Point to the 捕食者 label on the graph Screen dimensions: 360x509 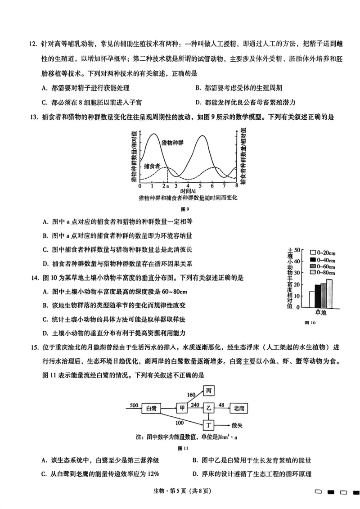(x=153, y=166)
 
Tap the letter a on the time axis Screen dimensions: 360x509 (x=167, y=185)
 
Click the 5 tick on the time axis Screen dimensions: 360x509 (x=201, y=185)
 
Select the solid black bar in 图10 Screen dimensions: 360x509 (x=317, y=295)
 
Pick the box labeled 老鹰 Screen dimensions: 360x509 (x=239, y=408)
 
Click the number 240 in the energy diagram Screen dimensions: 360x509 (x=194, y=405)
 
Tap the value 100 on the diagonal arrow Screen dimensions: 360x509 (x=179, y=422)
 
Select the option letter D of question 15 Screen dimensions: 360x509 (x=194, y=473)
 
